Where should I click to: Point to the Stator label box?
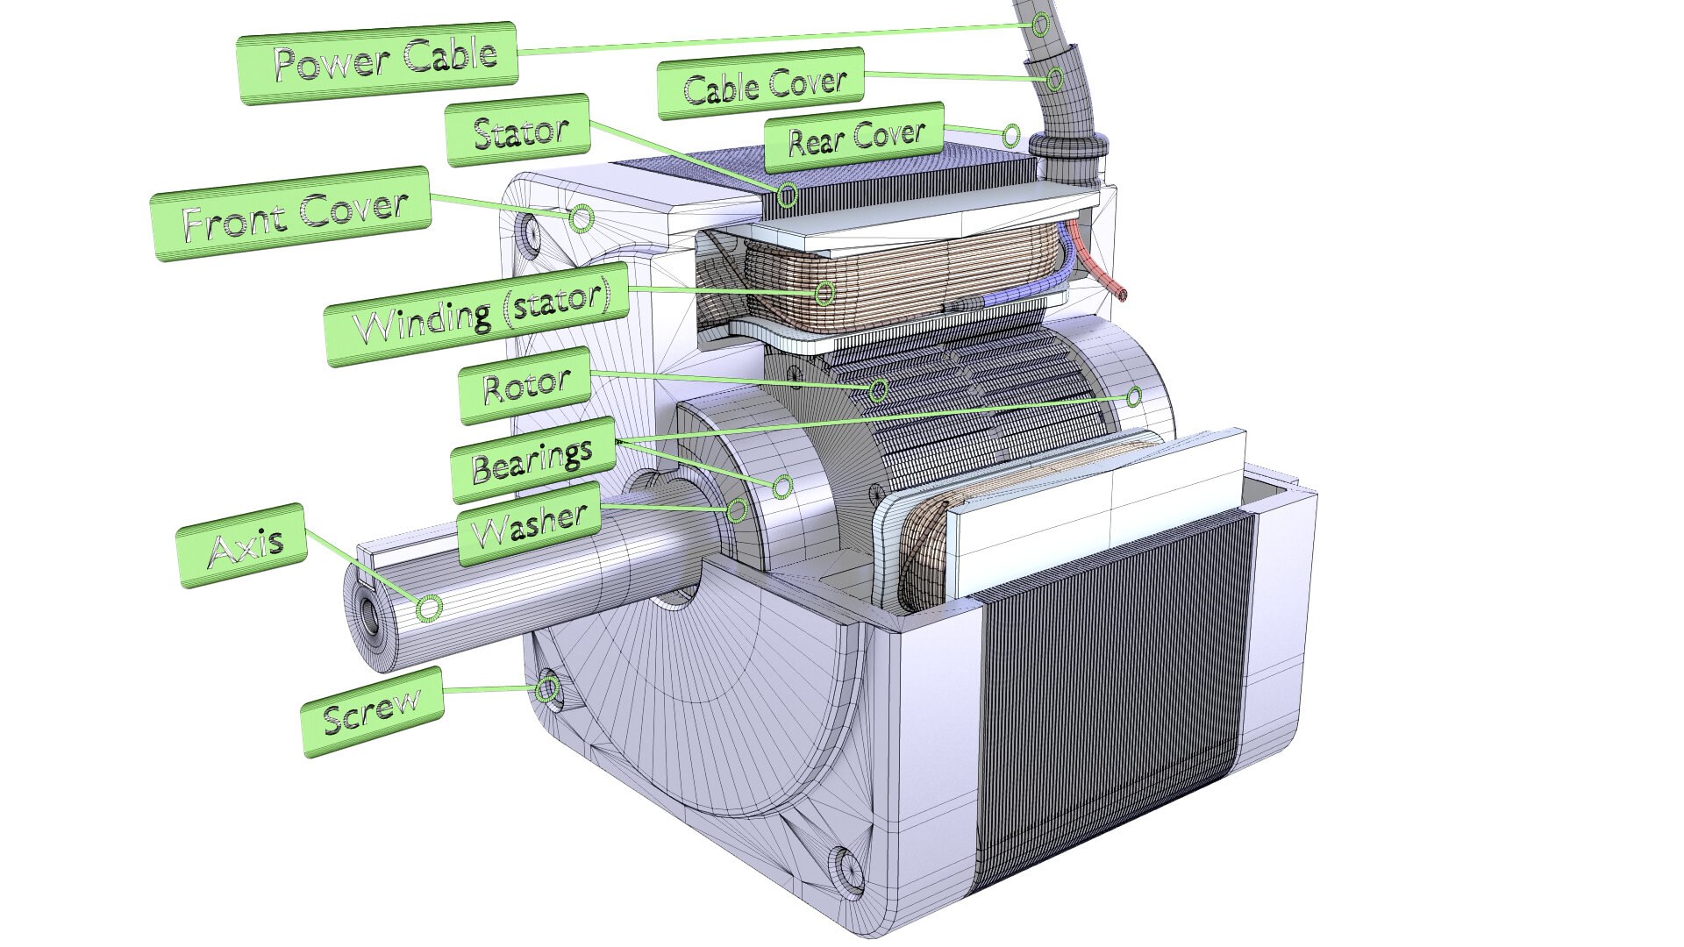[518, 131]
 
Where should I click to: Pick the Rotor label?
[525, 385]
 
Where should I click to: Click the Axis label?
[243, 545]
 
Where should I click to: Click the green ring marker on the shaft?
[428, 608]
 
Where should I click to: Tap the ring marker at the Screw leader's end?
[548, 688]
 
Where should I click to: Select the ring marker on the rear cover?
[1010, 135]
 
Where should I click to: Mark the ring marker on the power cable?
[1040, 24]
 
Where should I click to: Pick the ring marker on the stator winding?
[824, 292]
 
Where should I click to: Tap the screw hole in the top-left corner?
[531, 231]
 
